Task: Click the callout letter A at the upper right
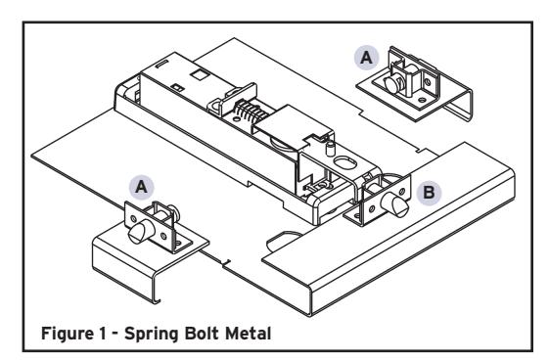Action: (367, 57)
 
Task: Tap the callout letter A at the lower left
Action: (142, 187)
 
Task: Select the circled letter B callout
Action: (429, 193)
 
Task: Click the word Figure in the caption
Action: (67, 333)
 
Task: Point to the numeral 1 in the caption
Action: (102, 333)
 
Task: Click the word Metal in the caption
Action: (249, 333)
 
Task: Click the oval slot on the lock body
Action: (345, 162)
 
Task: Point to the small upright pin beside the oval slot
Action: (330, 149)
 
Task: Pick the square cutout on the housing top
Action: (200, 74)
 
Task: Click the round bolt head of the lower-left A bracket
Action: (137, 233)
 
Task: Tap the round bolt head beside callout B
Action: (395, 203)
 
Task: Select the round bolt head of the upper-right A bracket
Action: (392, 84)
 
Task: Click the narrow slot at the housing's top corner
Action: (162, 64)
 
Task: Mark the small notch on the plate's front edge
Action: (226, 264)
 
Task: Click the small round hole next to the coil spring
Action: (238, 119)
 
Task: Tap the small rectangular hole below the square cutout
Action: (178, 88)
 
